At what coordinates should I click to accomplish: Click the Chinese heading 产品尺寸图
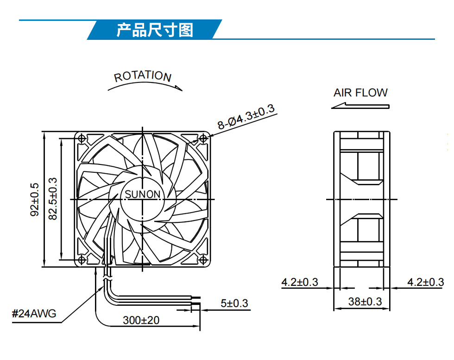(x=155, y=30)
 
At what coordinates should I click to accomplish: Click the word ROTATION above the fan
(x=143, y=76)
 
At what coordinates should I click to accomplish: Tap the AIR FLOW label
(x=360, y=93)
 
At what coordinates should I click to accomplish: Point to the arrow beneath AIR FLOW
(x=360, y=106)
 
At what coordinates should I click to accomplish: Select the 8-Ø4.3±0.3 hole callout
(x=246, y=117)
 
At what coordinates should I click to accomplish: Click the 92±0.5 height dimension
(x=35, y=199)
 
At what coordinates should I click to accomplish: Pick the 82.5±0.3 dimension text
(x=53, y=199)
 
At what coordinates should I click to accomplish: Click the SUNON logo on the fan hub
(x=143, y=194)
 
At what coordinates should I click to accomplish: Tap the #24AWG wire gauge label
(x=34, y=313)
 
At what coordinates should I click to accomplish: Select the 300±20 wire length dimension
(x=141, y=320)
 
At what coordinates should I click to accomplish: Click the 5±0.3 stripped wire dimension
(x=234, y=303)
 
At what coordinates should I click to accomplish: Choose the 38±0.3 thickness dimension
(x=365, y=302)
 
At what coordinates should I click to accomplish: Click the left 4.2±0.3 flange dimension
(x=300, y=282)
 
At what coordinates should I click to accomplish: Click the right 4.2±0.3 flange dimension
(x=426, y=282)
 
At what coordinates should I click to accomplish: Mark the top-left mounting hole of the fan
(x=82, y=139)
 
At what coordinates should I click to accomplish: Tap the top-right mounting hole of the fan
(x=203, y=139)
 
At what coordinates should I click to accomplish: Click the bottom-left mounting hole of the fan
(x=82, y=260)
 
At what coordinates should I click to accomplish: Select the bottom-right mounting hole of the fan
(x=203, y=260)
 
